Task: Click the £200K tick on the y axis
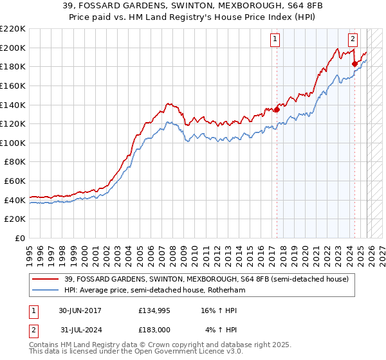[x=13, y=48]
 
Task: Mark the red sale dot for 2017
[x=277, y=109]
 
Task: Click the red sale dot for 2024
[x=354, y=63]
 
